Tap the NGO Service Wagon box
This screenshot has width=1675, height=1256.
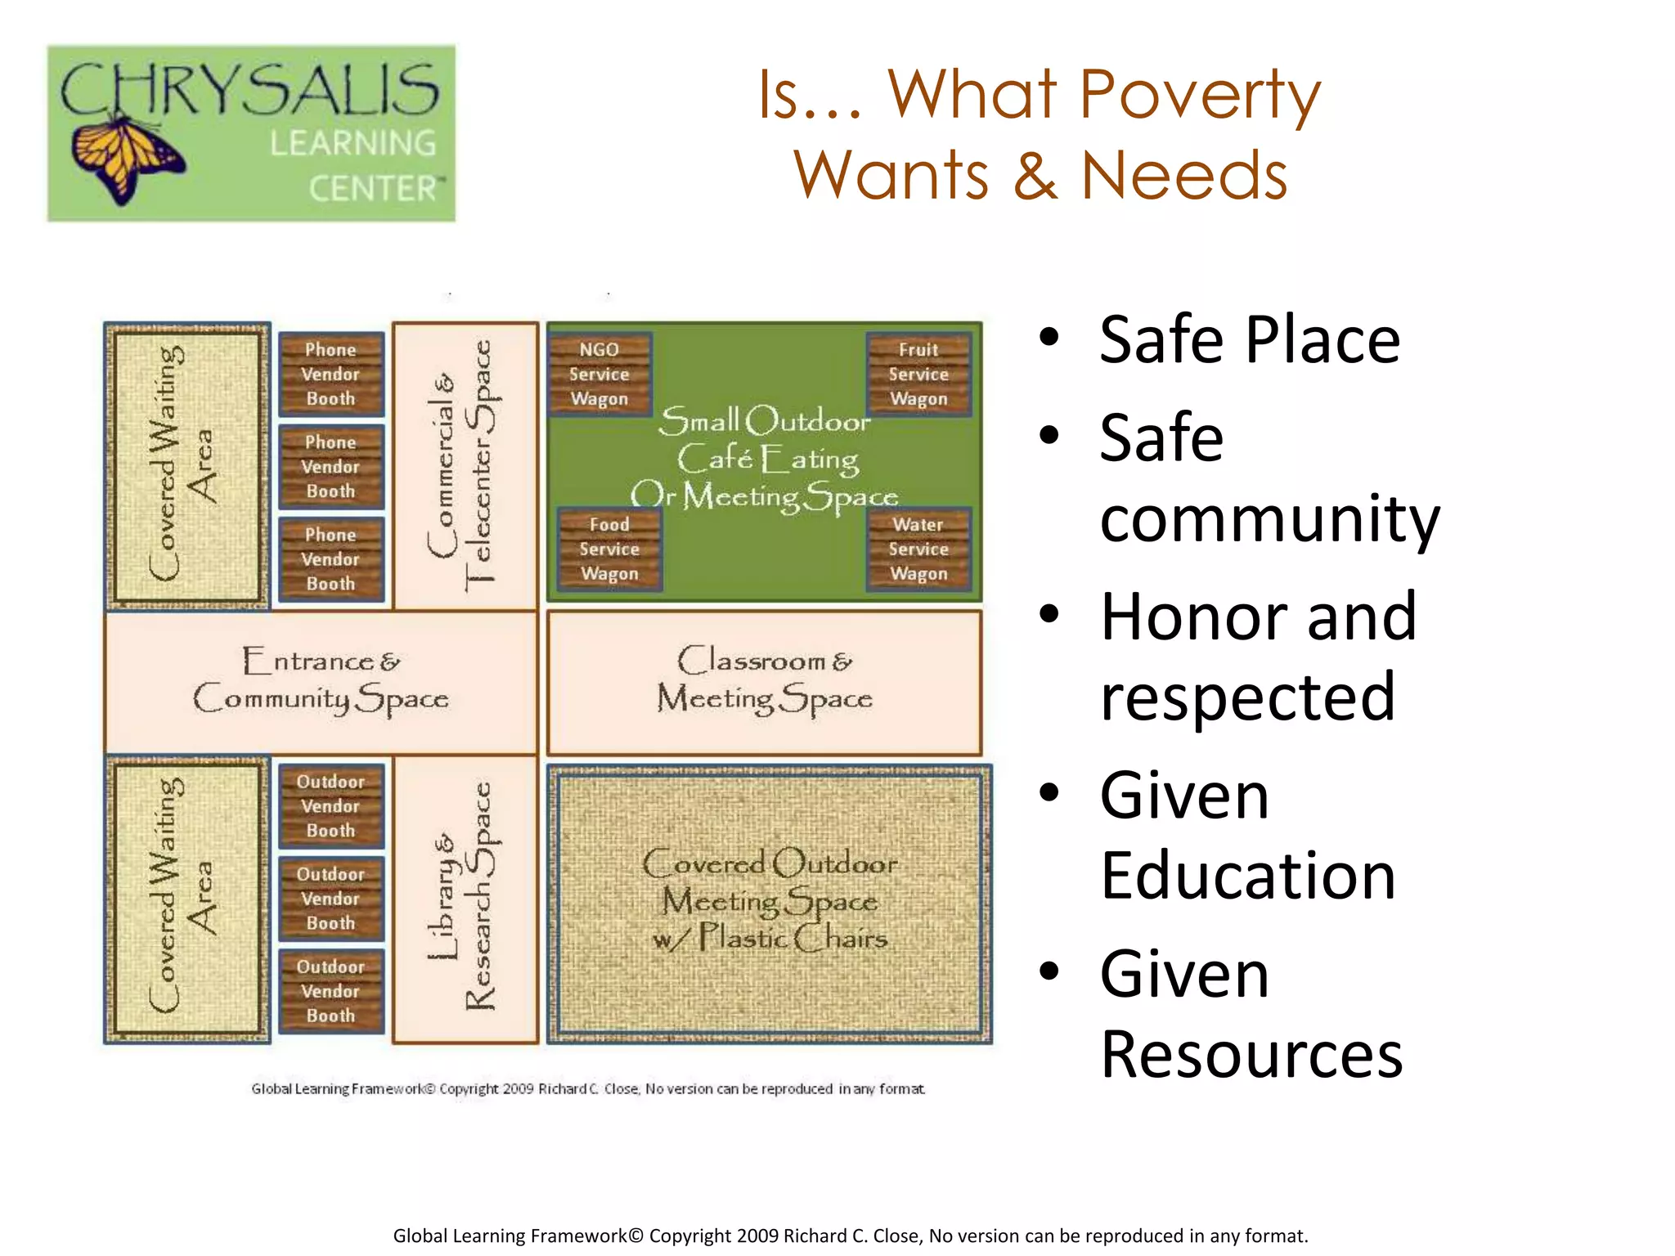(599, 375)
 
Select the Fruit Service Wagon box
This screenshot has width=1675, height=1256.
(918, 375)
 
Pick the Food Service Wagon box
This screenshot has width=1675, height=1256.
(609, 549)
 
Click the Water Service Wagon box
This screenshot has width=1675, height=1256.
(918, 549)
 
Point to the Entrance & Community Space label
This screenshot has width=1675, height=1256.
(321, 680)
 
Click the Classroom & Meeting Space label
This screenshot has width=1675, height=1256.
(765, 680)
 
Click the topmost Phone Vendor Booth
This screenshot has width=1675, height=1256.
(330, 375)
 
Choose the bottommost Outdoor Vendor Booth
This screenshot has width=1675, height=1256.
(330, 991)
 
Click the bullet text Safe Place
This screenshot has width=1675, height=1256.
(1249, 339)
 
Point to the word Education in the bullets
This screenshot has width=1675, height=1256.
(1248, 876)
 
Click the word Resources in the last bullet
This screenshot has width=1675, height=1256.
(1251, 1055)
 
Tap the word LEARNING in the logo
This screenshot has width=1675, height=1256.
(353, 144)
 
